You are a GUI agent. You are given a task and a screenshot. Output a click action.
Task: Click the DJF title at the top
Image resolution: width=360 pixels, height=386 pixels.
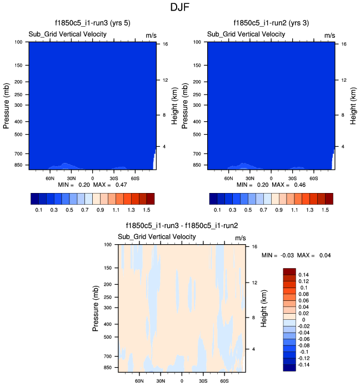click(180, 8)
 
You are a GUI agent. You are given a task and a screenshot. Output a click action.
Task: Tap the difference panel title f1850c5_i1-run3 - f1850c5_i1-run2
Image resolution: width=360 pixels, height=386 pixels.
click(182, 226)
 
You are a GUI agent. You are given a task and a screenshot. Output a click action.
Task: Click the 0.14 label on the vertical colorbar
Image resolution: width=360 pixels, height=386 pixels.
click(304, 275)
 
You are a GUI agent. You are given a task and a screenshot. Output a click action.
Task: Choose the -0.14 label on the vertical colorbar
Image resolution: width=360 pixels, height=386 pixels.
click(306, 365)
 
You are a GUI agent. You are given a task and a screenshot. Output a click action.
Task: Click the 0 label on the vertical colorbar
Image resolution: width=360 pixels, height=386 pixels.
click(300, 320)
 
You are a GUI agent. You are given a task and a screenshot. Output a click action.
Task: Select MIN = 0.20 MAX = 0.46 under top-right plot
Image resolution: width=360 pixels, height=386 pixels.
click(271, 184)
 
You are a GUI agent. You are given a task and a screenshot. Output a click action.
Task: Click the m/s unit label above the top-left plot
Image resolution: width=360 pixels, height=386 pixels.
click(151, 35)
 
